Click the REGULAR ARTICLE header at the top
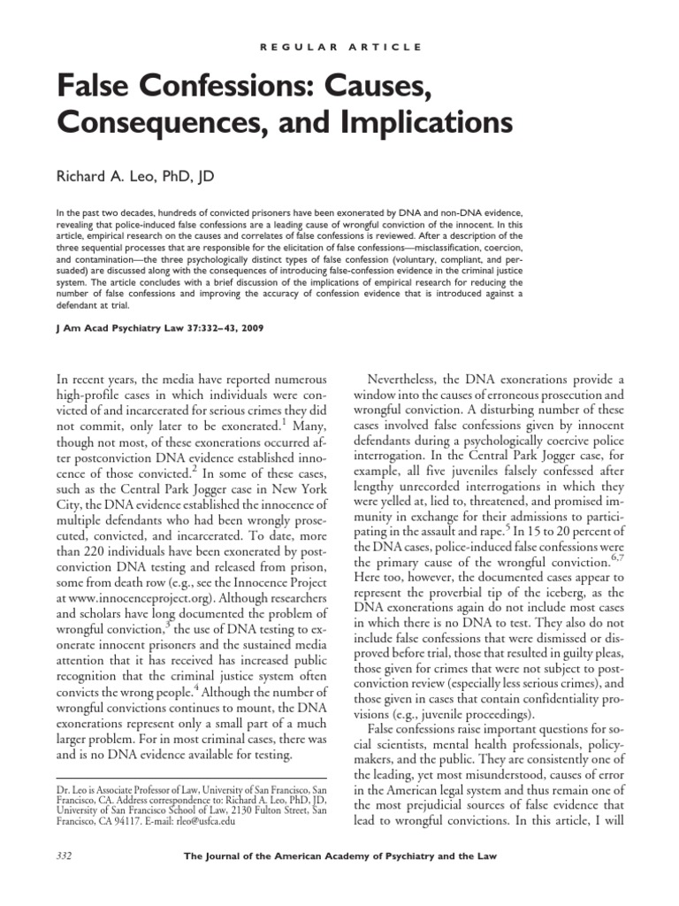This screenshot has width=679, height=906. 339,46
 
